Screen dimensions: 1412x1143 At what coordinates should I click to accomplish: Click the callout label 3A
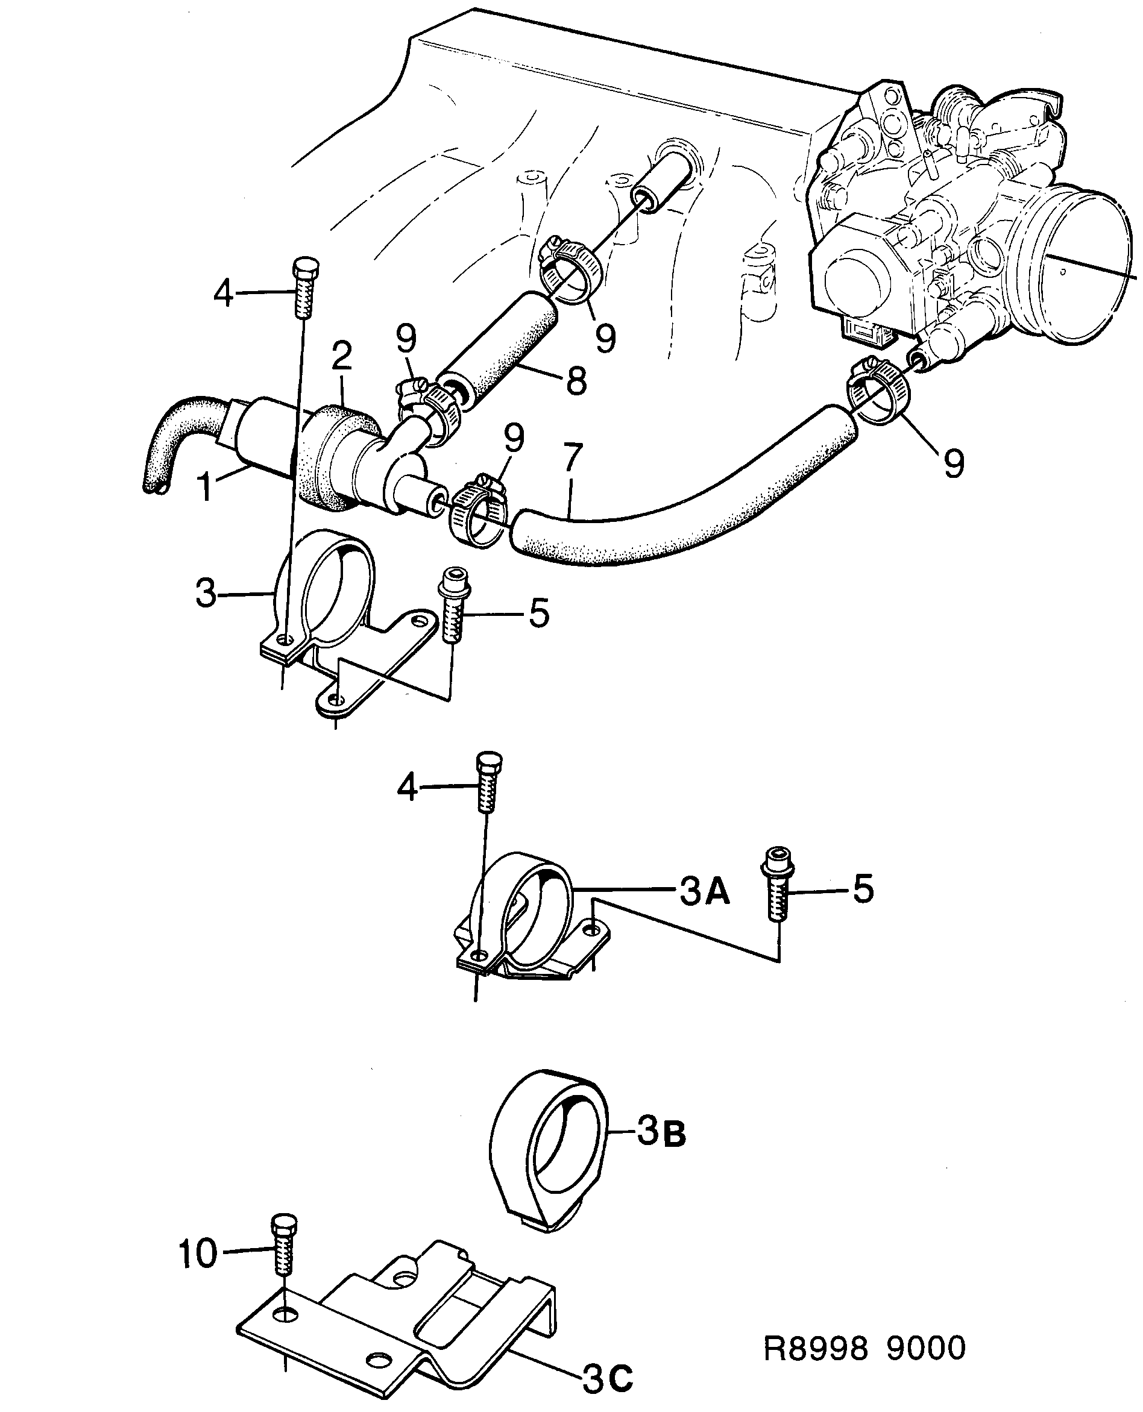click(x=704, y=893)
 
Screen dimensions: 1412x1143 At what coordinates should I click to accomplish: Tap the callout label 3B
click(x=661, y=1134)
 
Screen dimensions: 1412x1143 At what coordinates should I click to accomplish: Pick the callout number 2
click(x=342, y=356)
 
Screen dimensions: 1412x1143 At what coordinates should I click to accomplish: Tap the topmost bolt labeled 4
click(x=304, y=288)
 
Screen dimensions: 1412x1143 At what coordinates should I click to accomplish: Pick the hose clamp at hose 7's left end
click(x=478, y=512)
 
